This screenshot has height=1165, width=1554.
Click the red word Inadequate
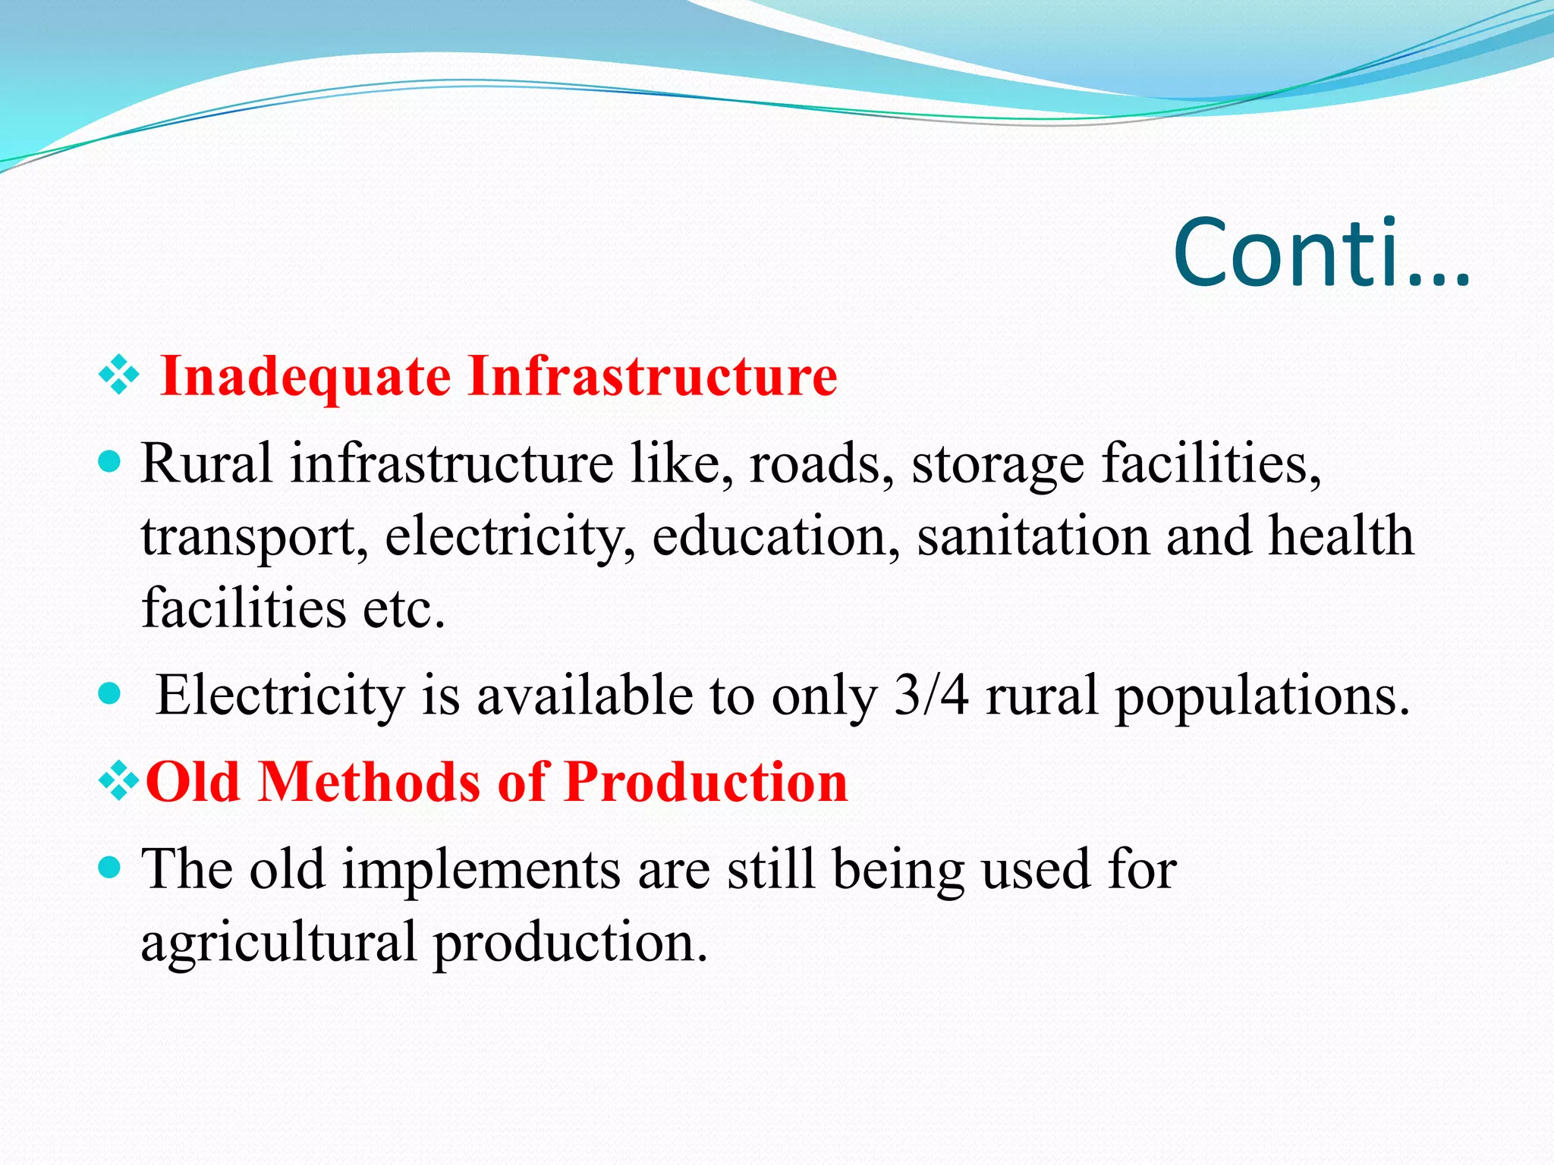(x=306, y=376)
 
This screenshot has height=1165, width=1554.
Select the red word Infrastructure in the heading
(x=653, y=376)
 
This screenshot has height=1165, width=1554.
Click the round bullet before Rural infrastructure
(x=111, y=462)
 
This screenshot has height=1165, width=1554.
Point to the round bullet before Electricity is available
(x=111, y=693)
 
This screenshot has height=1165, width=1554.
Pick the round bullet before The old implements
(x=111, y=867)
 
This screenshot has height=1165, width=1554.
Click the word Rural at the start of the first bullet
(x=206, y=463)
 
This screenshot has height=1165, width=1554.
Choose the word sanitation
(x=1033, y=536)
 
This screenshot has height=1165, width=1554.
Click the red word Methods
(x=369, y=782)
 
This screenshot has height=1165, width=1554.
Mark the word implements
(x=481, y=871)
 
